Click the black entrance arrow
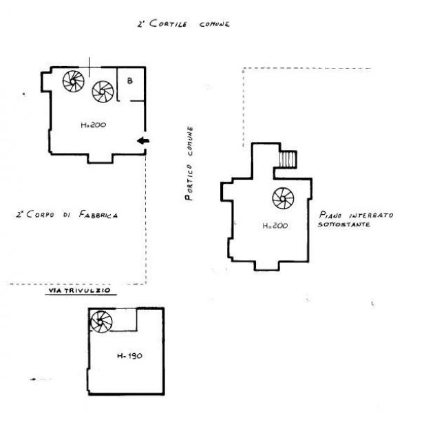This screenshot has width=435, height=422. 143,141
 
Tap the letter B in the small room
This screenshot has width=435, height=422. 130,81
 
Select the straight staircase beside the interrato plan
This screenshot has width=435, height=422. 288,159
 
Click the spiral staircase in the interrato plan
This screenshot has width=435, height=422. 283,198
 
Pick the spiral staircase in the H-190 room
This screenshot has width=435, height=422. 101,321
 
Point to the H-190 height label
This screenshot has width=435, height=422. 129,356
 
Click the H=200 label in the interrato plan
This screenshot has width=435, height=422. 275,226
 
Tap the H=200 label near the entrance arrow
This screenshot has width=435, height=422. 93,125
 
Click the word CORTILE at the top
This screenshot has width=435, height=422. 168,23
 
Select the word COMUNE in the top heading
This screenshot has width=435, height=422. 215,24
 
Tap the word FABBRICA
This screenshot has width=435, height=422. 98,215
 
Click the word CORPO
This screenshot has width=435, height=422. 41,214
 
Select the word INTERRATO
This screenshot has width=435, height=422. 371,215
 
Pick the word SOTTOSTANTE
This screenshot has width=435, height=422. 343,224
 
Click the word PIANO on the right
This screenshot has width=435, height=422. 330,215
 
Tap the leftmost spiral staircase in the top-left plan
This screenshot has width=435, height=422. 74,81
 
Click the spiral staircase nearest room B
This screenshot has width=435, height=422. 103,92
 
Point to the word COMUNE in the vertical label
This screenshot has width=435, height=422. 190,142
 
